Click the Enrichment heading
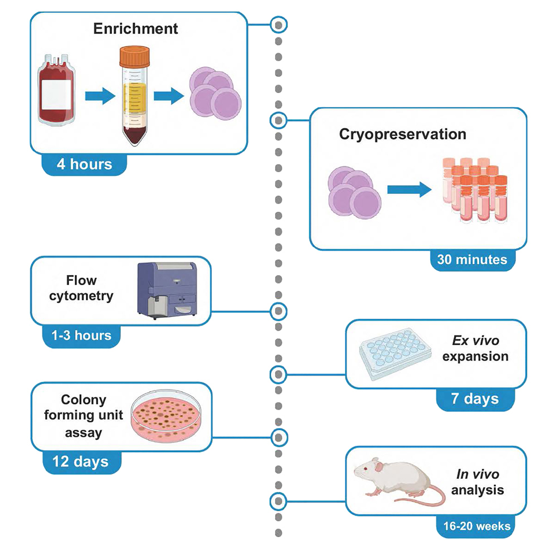tap(136, 29)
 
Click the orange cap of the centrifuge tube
tap(135, 56)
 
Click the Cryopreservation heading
tap(402, 134)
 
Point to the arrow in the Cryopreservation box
tap(409, 189)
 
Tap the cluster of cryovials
tap(475, 189)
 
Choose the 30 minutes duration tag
tap(473, 259)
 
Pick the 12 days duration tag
tap(81, 461)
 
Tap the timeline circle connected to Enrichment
tap(278, 24)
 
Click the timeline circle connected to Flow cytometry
tap(278, 310)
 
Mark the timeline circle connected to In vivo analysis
tap(278, 501)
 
